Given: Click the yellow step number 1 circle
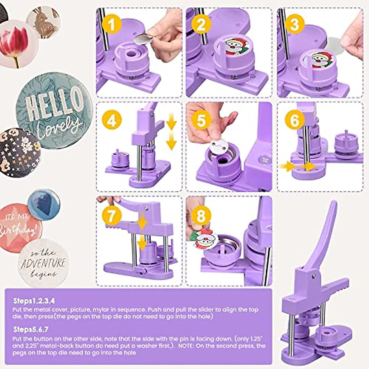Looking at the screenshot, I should point(112,24).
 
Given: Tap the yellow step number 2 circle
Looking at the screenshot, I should point(201,24).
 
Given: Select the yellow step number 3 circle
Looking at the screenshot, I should point(294,24).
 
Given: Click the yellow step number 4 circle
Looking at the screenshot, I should point(112,120).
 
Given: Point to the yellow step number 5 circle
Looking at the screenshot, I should point(201,120).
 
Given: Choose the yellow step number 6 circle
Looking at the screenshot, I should point(294,120).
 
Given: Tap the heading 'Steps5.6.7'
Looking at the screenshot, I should point(31,330).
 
